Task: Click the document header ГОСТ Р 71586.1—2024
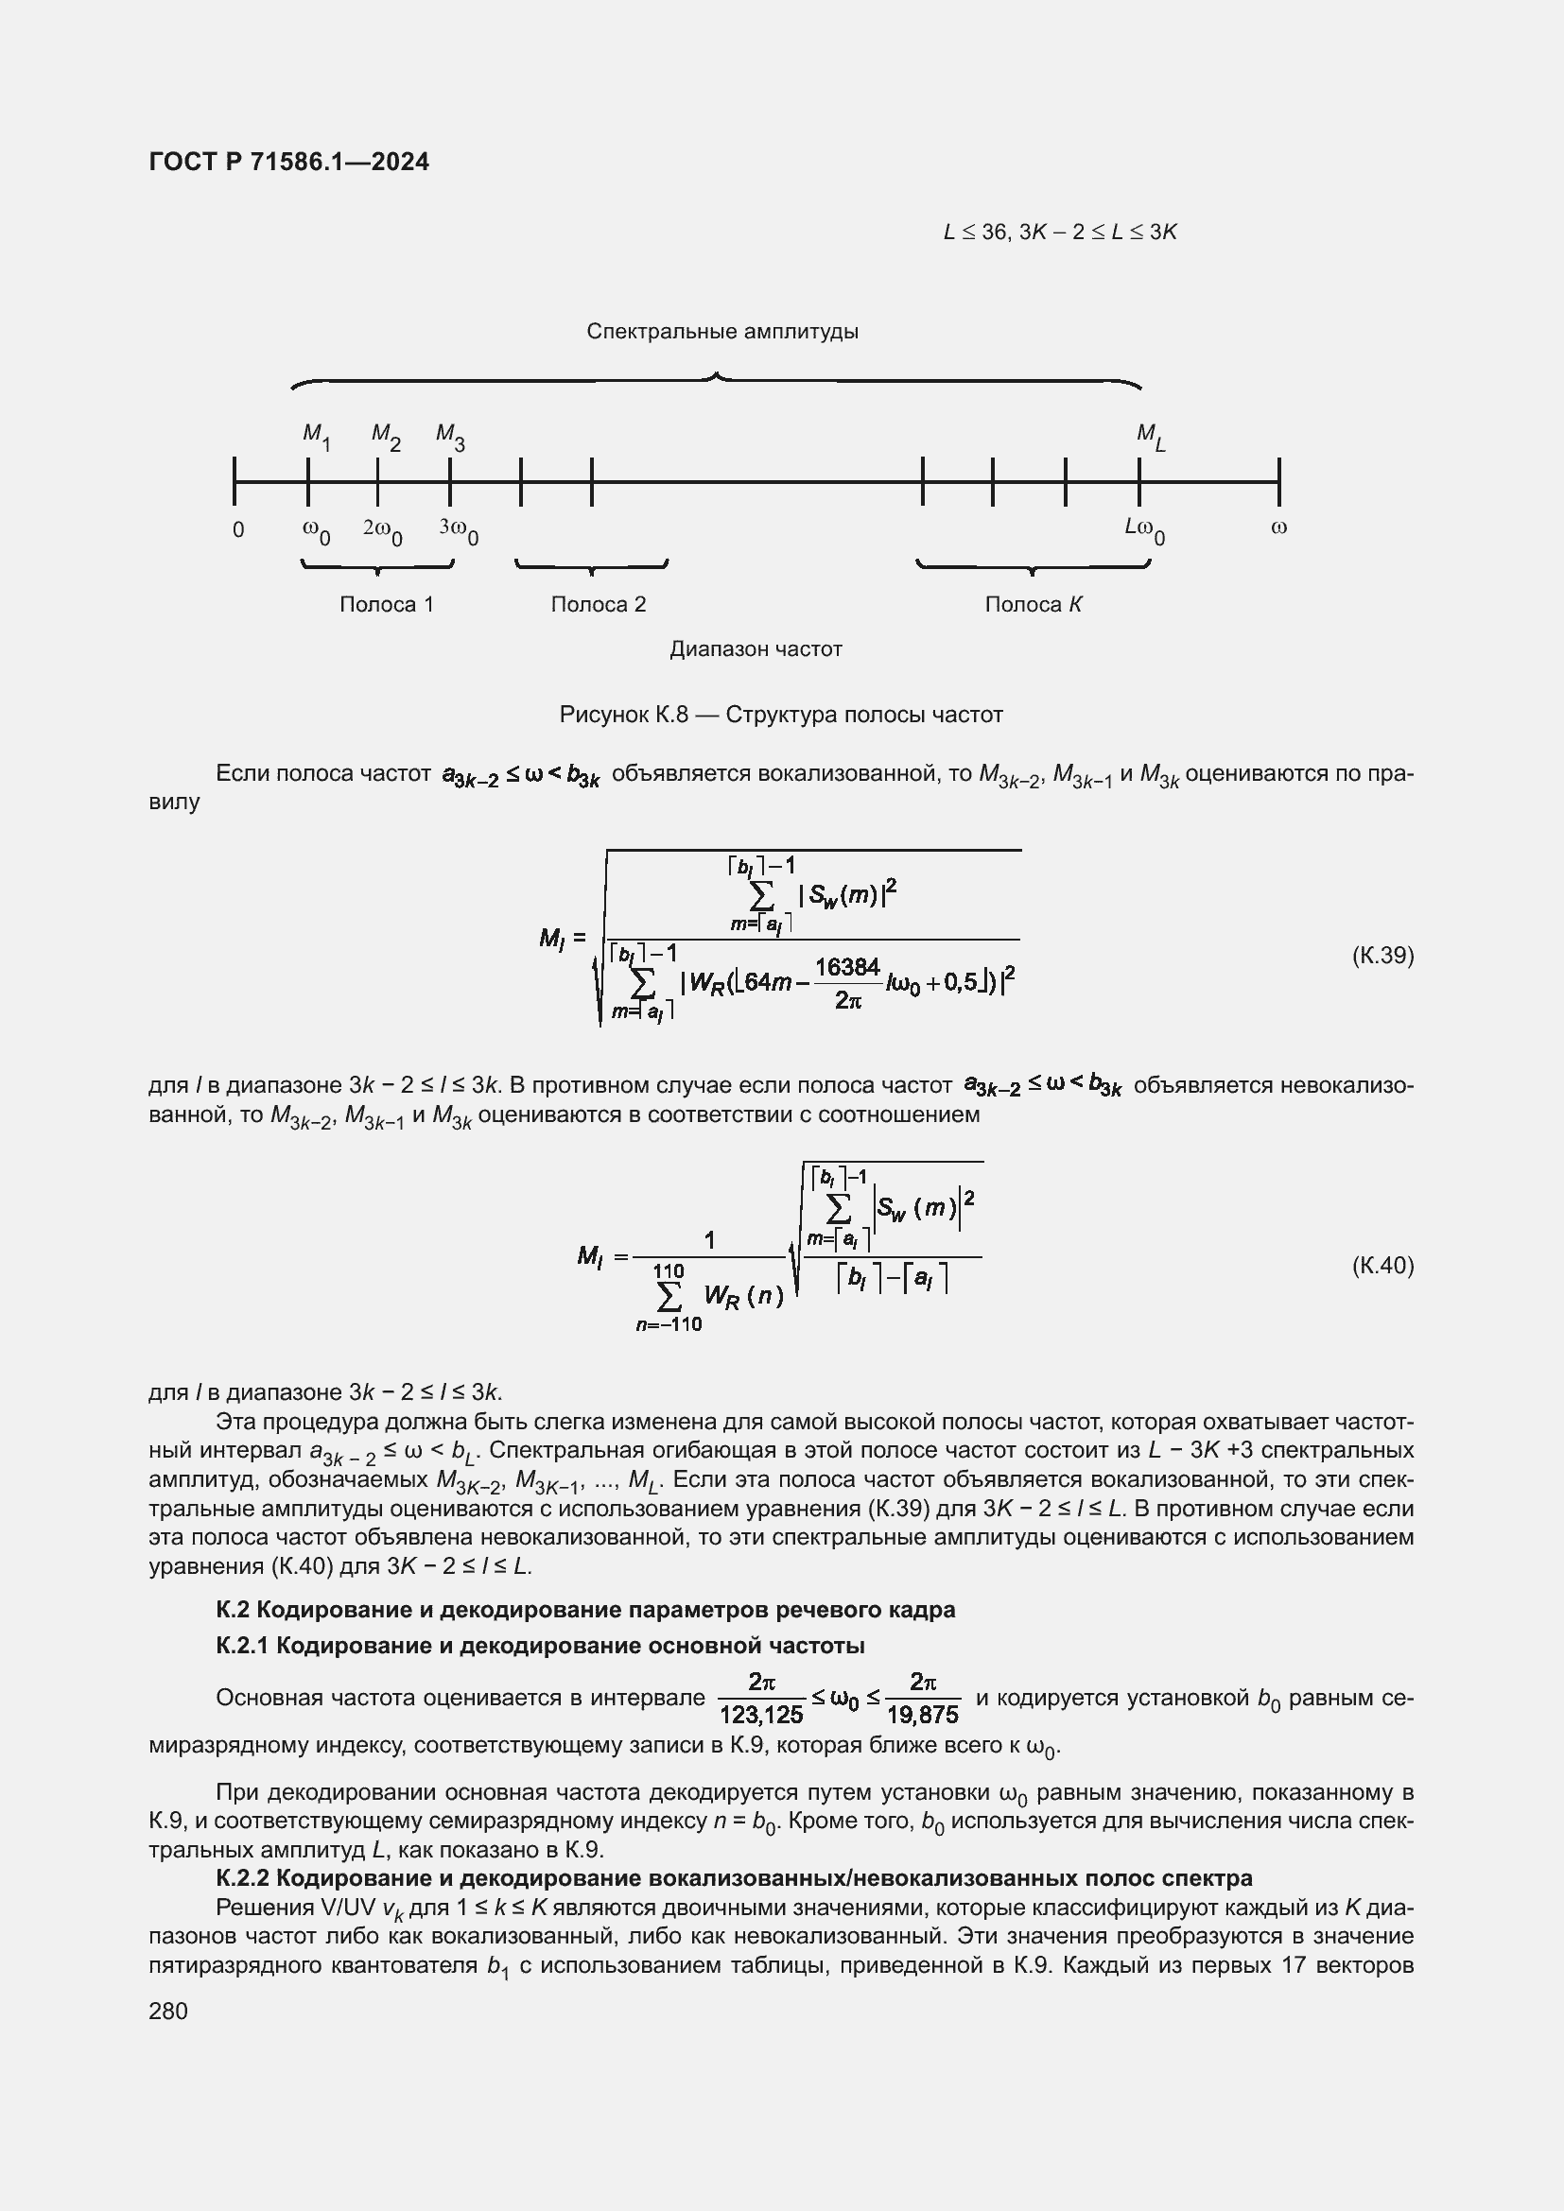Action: point(289,162)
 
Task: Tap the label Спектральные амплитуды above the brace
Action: point(722,331)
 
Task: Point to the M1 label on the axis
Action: point(316,435)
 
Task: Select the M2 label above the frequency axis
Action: point(385,435)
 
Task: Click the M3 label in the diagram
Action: point(450,435)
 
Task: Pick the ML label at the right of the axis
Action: point(1150,436)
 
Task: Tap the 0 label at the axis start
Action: point(239,529)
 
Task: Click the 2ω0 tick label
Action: point(382,529)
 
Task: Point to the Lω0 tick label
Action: point(1144,529)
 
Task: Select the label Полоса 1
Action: point(386,604)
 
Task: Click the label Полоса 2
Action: point(598,604)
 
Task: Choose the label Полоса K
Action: point(1034,604)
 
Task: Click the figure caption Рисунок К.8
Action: point(781,715)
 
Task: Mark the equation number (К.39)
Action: point(1383,956)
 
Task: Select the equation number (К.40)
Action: point(1383,1265)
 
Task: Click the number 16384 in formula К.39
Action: point(847,967)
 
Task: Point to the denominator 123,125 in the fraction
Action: point(761,1715)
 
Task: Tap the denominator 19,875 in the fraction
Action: point(923,1715)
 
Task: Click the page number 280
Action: point(168,2011)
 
